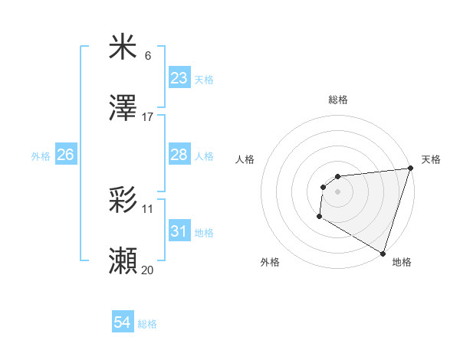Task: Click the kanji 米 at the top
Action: (123, 47)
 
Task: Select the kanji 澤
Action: (123, 110)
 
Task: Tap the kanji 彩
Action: (123, 200)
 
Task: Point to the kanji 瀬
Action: (123, 261)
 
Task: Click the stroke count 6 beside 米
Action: (148, 56)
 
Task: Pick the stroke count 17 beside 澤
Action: (148, 117)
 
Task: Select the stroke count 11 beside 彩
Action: (148, 208)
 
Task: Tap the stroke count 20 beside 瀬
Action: (148, 270)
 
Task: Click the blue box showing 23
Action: (179, 78)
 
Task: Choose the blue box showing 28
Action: (179, 155)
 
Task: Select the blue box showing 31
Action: (179, 231)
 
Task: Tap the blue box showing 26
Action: (65, 155)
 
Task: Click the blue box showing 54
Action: (123, 323)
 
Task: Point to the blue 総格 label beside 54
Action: (147, 324)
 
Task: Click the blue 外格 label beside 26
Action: (41, 155)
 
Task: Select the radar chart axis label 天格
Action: (431, 159)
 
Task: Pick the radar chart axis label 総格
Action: (338, 100)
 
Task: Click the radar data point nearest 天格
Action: (410, 169)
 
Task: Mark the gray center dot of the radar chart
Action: (337, 191)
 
